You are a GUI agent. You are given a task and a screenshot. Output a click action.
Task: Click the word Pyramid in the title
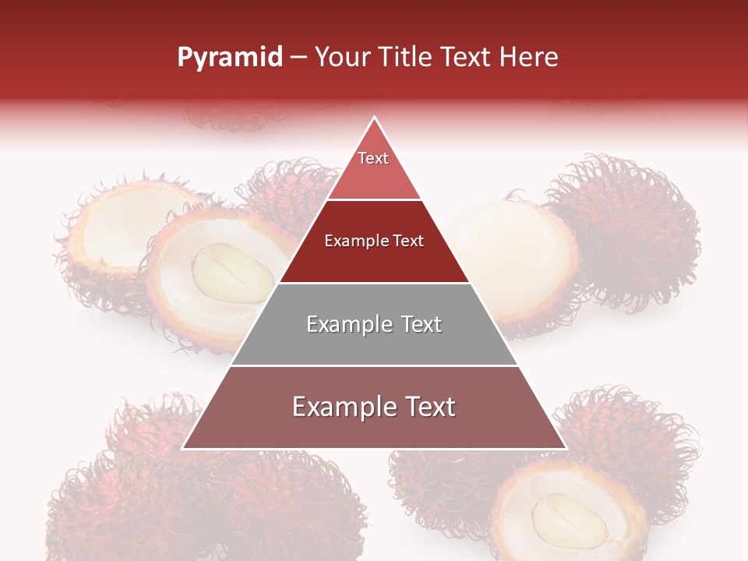(x=229, y=58)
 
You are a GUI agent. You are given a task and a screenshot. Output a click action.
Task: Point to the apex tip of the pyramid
(x=374, y=118)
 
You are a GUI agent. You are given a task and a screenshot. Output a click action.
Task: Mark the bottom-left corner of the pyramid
(x=183, y=448)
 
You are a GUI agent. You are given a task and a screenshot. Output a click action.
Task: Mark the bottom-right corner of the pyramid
(x=565, y=448)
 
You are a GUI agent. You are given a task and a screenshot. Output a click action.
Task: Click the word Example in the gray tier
(x=340, y=324)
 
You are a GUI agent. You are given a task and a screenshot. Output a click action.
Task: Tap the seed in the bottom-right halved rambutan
(x=568, y=519)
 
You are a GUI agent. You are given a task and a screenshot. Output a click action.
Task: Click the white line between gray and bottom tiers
(x=374, y=365)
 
